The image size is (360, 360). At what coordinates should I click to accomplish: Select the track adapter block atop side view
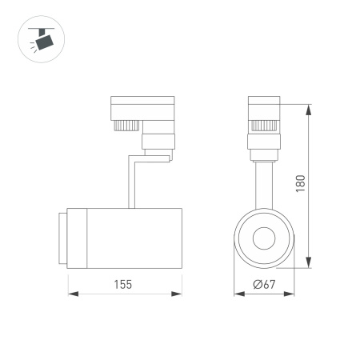141,107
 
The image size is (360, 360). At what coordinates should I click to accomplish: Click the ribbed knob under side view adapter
126,125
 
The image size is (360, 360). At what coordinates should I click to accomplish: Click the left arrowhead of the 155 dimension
70,294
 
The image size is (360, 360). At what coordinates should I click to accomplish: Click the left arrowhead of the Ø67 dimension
238,294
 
